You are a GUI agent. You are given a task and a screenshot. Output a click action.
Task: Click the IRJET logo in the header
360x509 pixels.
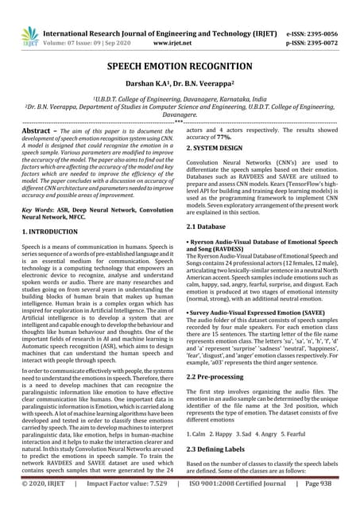30,32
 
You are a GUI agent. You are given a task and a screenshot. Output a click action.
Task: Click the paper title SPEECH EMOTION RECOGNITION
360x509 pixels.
180,68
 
